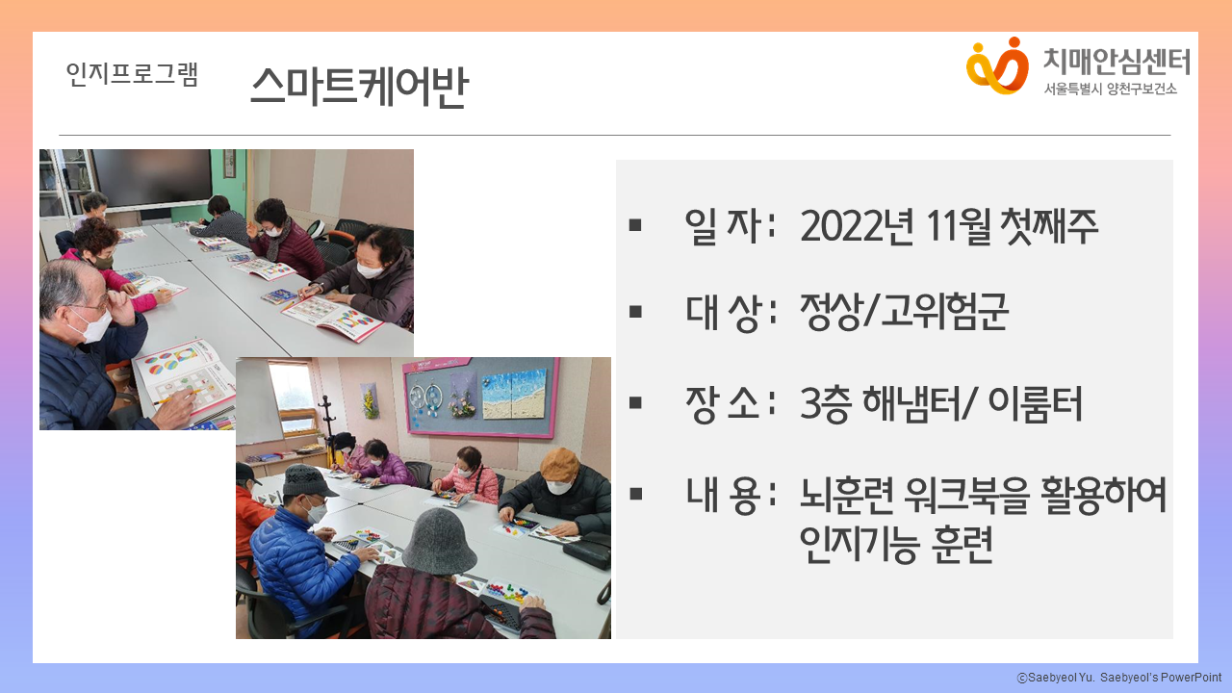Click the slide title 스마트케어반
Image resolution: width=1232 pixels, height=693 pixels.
[360, 86]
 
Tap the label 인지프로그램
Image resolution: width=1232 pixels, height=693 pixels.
[132, 74]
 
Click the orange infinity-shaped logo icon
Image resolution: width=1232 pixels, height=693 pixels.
[997, 65]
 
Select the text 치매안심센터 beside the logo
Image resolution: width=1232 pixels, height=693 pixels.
[1116, 62]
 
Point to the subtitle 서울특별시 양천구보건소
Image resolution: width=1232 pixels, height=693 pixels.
[1110, 90]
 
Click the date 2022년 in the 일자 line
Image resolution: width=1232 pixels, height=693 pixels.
[857, 226]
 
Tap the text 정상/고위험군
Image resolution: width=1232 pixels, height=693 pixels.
[904, 311]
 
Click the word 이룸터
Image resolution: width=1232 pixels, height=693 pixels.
[1035, 403]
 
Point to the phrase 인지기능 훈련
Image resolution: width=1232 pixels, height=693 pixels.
[896, 544]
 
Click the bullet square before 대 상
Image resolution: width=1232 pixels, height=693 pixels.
[635, 312]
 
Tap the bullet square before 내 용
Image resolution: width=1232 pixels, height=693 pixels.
[635, 494]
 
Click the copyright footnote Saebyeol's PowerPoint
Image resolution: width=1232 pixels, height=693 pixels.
[1160, 678]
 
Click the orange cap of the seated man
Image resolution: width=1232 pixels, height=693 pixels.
[559, 463]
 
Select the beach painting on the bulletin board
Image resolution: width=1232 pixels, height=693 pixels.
[514, 395]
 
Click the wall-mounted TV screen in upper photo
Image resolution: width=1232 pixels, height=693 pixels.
[152, 178]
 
